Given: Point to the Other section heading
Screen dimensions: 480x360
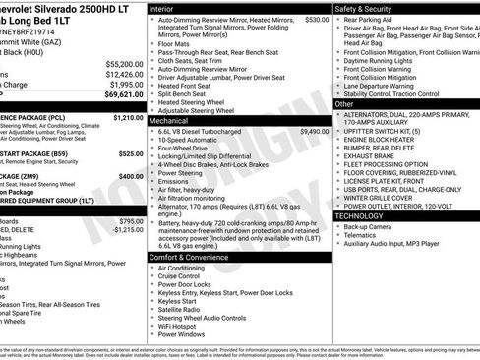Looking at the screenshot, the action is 344,103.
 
